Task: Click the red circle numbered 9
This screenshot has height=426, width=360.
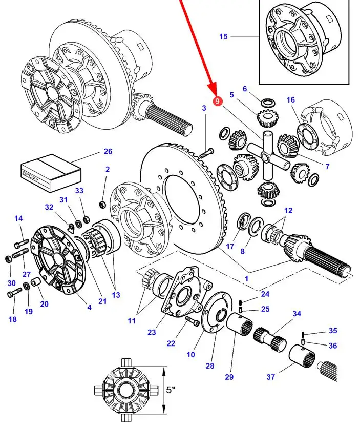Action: point(217,102)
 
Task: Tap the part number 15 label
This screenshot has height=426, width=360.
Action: point(223,37)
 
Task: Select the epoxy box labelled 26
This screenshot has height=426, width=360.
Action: point(51,173)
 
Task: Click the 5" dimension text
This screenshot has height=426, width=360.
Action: point(171,390)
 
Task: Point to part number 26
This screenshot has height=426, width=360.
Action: point(108,151)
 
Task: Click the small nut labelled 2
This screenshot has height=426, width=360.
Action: point(102,205)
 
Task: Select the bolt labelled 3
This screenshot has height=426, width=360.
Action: point(206,153)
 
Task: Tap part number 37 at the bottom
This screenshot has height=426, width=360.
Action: point(270,377)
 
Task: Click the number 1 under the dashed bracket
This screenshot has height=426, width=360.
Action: point(246,278)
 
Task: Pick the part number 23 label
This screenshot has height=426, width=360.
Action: point(152,332)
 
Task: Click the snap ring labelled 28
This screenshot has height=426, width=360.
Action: point(221,315)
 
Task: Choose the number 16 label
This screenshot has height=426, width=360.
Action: point(290,100)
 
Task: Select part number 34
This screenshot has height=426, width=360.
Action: point(297,314)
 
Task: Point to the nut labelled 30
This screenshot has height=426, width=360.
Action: point(8,259)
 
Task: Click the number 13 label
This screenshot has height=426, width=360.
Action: point(116,295)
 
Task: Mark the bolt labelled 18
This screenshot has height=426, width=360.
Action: point(14,293)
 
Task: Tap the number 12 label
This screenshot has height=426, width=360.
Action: point(288,210)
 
